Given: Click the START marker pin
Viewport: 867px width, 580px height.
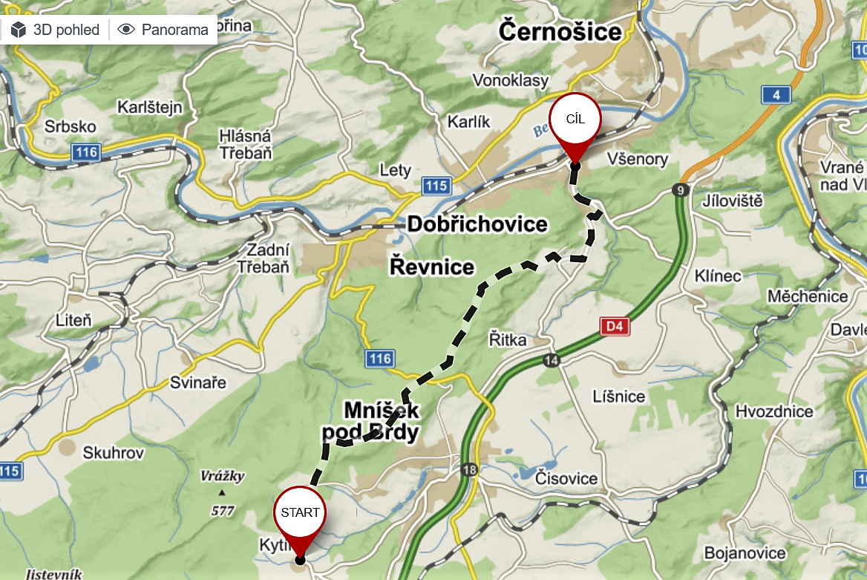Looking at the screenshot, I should point(300,512).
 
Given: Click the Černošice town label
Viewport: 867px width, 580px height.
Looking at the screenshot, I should point(560,32).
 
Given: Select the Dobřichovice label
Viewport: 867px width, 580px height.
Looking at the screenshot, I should point(477,224).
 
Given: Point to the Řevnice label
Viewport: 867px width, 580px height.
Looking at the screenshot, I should point(432,267).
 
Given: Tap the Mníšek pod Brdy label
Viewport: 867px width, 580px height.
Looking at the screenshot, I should point(370,422).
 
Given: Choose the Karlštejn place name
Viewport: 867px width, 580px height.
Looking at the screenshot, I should point(149,108).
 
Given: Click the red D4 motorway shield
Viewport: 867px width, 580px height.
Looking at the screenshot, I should point(614,326).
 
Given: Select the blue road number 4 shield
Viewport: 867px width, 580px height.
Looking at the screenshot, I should point(776,94).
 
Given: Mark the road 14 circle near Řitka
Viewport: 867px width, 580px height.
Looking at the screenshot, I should point(550,360).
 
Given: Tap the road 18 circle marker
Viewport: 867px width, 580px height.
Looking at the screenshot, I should point(468,469).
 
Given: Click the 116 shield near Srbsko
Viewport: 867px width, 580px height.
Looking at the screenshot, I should point(86,152).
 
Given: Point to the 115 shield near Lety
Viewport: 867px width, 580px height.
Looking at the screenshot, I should point(436,185).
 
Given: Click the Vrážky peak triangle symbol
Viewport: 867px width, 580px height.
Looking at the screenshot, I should point(221,492).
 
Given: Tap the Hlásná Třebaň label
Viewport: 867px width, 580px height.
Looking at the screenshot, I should point(246,145).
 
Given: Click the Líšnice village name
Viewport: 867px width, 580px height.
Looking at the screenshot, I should point(618,396).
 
